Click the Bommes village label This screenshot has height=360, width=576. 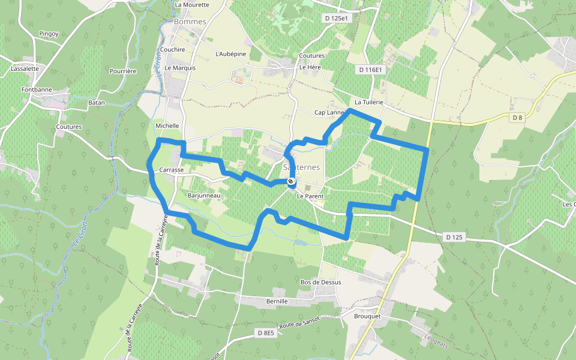pyautogui.click(x=190, y=22)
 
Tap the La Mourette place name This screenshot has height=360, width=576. pyautogui.click(x=192, y=5)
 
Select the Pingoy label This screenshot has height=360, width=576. pyautogui.click(x=49, y=34)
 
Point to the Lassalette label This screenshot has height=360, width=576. pyautogui.click(x=25, y=68)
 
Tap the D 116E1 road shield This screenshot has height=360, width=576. pyautogui.click(x=370, y=70)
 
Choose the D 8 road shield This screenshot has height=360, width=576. pyautogui.click(x=517, y=118)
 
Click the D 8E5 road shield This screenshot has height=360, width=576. pyautogui.click(x=265, y=332)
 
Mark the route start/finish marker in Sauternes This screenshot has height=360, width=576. pyautogui.click(x=291, y=181)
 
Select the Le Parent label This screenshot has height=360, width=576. pyautogui.click(x=310, y=196)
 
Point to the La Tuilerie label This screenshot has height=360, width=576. pyautogui.click(x=368, y=103)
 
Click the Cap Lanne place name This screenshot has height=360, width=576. pyautogui.click(x=329, y=112)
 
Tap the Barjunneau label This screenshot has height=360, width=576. pyautogui.click(x=205, y=196)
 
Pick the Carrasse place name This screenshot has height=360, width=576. pyautogui.click(x=172, y=170)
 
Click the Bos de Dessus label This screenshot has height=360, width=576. pyautogui.click(x=320, y=282)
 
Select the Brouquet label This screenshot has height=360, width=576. pyautogui.click(x=368, y=316)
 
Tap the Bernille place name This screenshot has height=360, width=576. pyautogui.click(x=277, y=301)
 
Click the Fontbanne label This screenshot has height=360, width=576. pyautogui.click(x=37, y=90)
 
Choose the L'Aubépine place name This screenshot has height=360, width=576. pyautogui.click(x=230, y=54)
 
